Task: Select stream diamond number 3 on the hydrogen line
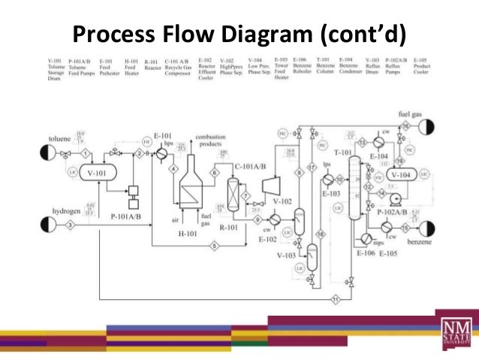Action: tap(70, 224)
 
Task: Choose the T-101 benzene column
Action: tap(354, 192)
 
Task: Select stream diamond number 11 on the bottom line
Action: tap(336, 299)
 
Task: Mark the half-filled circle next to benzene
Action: tap(428, 227)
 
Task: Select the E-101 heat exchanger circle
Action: tap(161, 153)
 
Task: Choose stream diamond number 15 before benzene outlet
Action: tap(405, 227)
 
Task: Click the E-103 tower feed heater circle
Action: tap(327, 180)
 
